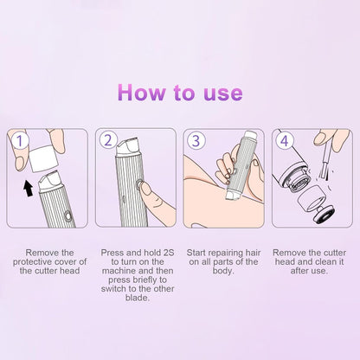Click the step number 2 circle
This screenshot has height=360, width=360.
109,138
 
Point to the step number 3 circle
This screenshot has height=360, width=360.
196,138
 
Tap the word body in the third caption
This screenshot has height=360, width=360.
223,270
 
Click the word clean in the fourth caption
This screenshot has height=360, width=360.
316,260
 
